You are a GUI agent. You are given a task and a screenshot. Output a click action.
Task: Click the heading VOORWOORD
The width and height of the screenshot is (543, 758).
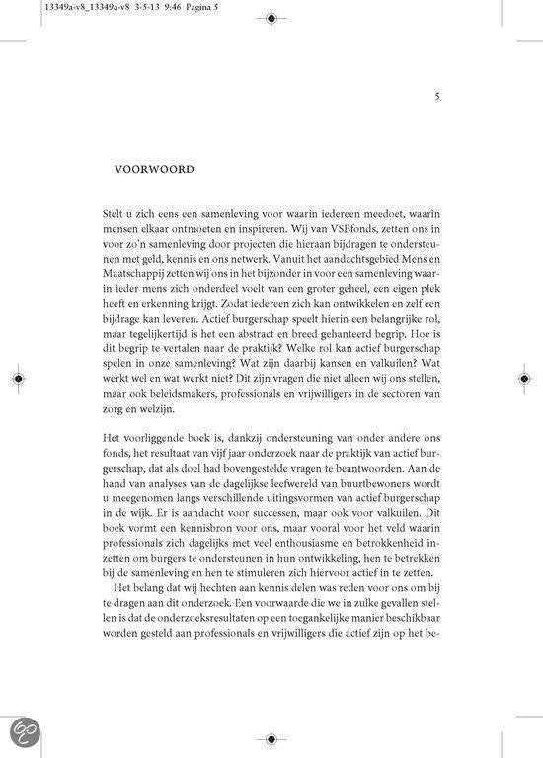click(155, 168)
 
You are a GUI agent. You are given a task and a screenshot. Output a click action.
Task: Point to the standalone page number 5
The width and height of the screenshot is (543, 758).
click(437, 97)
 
